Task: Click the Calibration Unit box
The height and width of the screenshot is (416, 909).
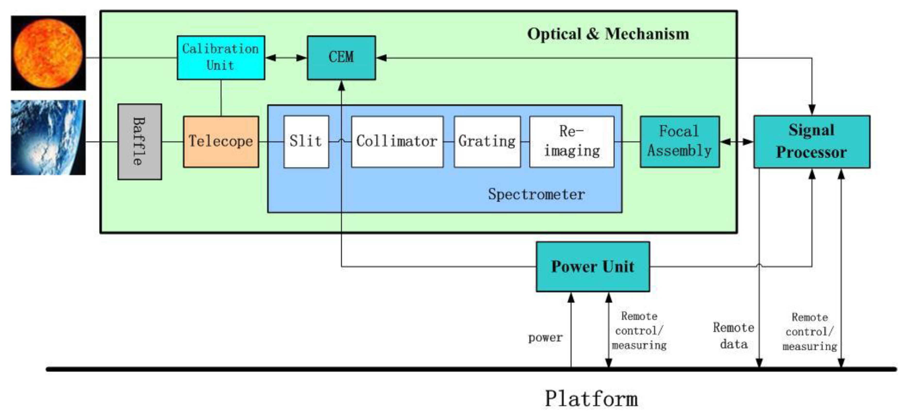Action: [221, 58]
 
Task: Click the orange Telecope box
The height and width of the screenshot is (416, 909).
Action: [221, 142]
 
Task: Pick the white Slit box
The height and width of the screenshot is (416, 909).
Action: [306, 142]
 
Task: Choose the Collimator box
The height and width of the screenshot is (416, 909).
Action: [397, 142]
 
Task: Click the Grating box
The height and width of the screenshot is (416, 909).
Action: [487, 142]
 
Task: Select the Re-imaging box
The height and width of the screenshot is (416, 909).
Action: [572, 142]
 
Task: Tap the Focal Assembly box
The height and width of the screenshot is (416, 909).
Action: [680, 142]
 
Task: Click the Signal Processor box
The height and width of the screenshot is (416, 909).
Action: [812, 142]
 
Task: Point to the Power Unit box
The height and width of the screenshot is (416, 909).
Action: [592, 267]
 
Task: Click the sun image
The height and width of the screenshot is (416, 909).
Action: [48, 53]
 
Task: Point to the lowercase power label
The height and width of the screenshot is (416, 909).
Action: [545, 338]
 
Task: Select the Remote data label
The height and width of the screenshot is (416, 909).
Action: [733, 336]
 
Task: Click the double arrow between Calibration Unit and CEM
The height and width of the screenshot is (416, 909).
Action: [286, 58]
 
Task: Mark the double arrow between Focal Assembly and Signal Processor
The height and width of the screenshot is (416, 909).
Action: [736, 142]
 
